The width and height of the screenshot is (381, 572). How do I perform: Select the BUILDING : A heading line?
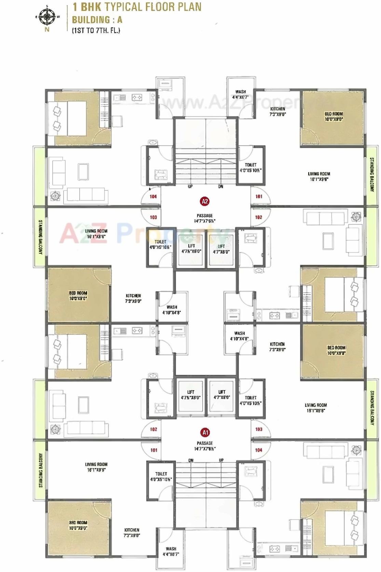click(x=97, y=19)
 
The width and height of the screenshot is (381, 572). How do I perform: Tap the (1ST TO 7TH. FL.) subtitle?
click(x=96, y=30)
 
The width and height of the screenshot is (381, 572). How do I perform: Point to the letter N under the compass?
click(x=47, y=30)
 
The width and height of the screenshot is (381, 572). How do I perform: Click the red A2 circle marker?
click(x=205, y=201)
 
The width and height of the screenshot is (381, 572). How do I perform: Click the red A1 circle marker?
click(x=205, y=433)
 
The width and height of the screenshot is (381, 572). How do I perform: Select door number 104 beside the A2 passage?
click(x=153, y=197)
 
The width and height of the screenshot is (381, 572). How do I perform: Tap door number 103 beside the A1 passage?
click(x=259, y=429)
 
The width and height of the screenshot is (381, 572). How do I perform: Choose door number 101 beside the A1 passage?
click(x=154, y=450)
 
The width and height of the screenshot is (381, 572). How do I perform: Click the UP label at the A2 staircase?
click(x=190, y=187)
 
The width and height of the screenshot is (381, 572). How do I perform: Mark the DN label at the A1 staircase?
click(x=191, y=461)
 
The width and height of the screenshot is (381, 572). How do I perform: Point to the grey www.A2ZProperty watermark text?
click(x=232, y=101)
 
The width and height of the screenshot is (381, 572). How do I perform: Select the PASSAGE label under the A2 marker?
click(x=205, y=216)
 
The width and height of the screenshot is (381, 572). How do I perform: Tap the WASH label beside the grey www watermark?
click(x=240, y=92)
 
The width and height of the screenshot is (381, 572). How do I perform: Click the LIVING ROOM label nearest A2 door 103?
click(x=96, y=231)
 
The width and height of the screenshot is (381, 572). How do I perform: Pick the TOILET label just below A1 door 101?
click(x=161, y=474)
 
